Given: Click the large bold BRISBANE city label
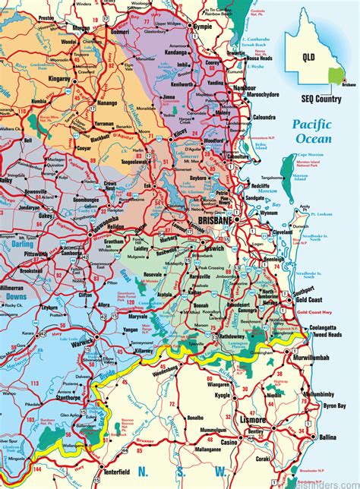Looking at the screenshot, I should [x=215, y=219].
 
